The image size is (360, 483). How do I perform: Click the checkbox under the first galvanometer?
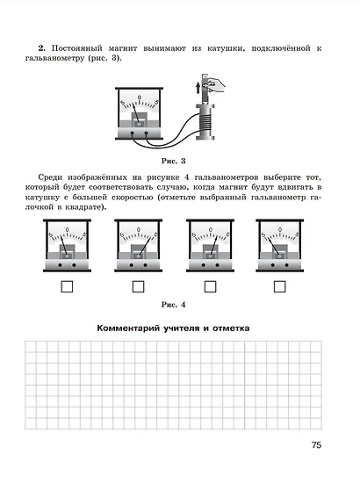click(x=67, y=287)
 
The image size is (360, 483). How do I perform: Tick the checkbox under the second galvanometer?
click(x=138, y=287)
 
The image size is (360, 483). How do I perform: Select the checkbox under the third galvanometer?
click(x=211, y=287)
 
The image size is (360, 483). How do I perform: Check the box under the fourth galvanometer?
click(x=279, y=287)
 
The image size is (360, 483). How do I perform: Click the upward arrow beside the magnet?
click(x=198, y=87)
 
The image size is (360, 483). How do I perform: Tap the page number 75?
click(x=316, y=445)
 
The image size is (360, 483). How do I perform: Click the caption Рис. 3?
click(x=173, y=161)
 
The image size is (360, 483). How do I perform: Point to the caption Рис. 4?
click(x=173, y=305)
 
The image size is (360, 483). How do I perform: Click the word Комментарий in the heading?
click(x=128, y=328)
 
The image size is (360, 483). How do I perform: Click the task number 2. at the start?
click(x=42, y=48)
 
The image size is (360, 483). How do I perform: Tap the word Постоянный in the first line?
click(x=76, y=48)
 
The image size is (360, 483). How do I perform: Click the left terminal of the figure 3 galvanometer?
click(x=132, y=133)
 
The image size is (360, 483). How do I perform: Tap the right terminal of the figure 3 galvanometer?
click(x=147, y=133)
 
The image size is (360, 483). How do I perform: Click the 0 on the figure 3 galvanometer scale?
click(x=140, y=97)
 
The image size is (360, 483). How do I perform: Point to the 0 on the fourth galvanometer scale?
click(x=280, y=229)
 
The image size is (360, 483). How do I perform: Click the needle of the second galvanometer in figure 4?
click(x=145, y=247)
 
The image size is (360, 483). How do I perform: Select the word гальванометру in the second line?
click(x=54, y=58)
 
